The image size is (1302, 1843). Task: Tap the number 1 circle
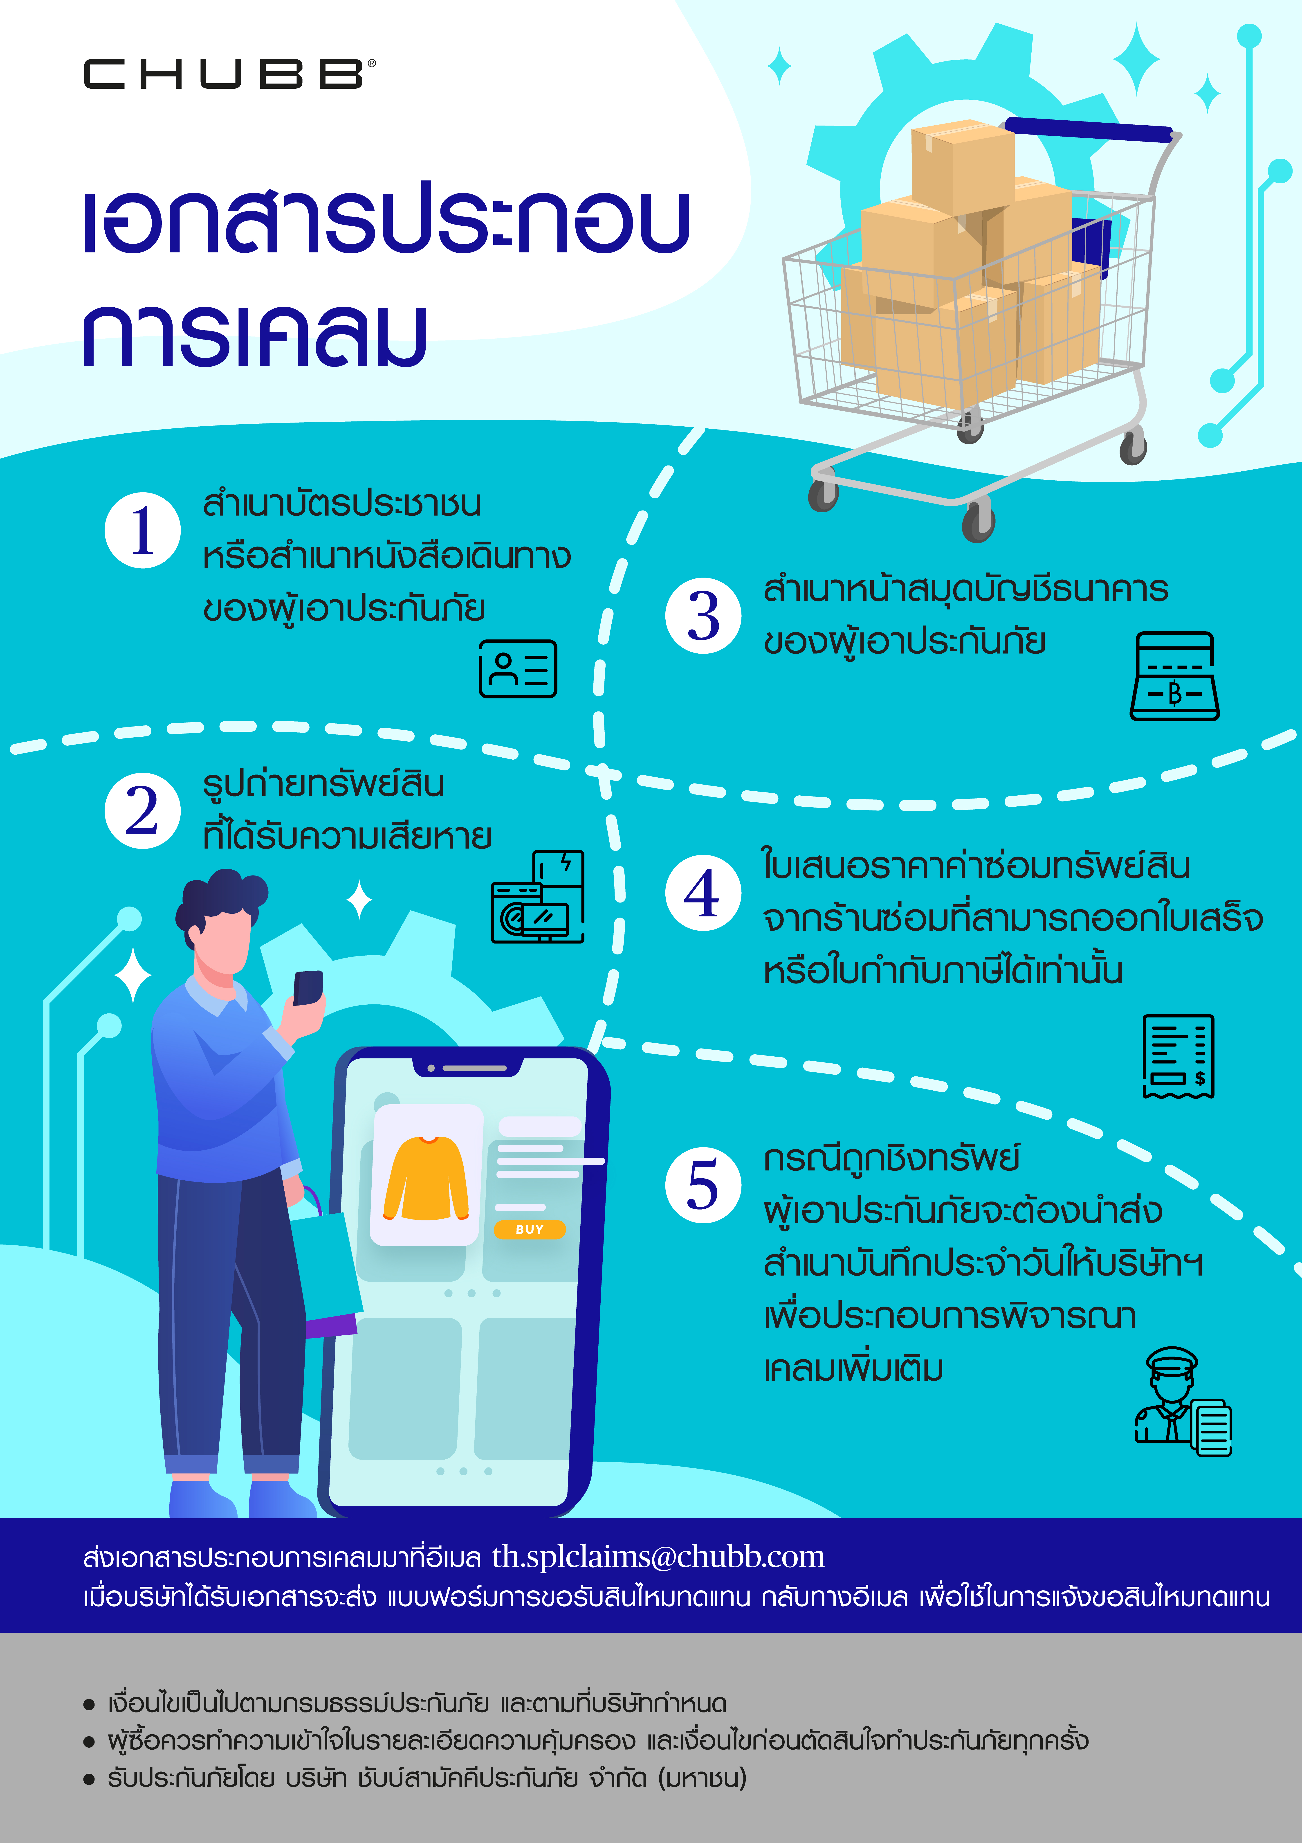point(142,531)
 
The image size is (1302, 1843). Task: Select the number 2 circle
point(142,811)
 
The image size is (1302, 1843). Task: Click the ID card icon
point(518,669)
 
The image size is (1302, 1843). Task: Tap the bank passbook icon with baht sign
point(1174,676)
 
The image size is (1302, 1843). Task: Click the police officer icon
point(1182,1401)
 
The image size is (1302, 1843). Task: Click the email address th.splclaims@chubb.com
point(658,1557)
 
